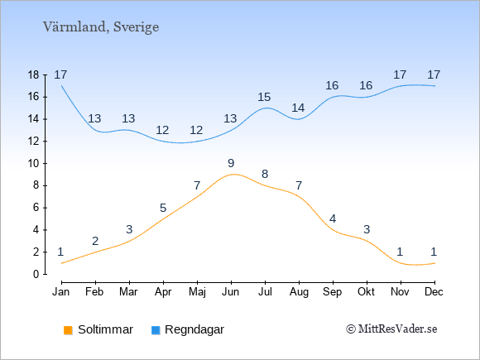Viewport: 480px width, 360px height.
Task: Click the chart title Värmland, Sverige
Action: (x=101, y=27)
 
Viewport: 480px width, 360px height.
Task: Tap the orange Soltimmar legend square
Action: (x=68, y=330)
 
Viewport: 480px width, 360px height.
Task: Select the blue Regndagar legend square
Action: (x=156, y=330)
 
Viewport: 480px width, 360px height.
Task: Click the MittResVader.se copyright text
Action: (x=391, y=329)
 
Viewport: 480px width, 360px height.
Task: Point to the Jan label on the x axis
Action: (x=61, y=292)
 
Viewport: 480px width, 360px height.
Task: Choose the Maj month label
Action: (x=197, y=292)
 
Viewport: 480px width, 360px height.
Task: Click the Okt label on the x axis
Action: (x=366, y=292)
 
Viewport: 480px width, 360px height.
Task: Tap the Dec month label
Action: (x=434, y=292)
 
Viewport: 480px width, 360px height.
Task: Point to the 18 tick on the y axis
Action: (x=34, y=74)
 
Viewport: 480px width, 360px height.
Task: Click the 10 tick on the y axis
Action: (x=34, y=164)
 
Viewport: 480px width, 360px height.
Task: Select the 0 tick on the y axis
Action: (x=36, y=274)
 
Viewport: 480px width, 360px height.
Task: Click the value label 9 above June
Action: (x=231, y=163)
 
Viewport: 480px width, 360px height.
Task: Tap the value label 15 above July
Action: (x=264, y=98)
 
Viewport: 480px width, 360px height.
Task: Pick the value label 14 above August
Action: (x=298, y=108)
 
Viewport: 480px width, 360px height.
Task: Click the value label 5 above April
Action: (x=163, y=209)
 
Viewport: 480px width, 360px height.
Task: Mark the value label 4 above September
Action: (x=333, y=218)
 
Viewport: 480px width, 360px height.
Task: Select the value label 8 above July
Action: (x=265, y=174)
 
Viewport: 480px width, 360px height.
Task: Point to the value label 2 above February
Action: (x=95, y=241)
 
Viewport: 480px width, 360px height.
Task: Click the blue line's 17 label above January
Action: (x=60, y=74)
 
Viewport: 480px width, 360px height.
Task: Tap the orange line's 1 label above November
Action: (x=400, y=252)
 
